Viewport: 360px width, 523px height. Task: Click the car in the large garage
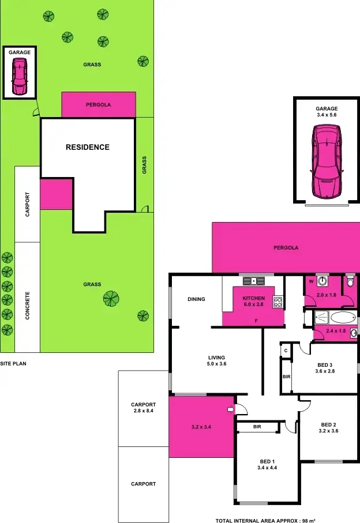click(326, 161)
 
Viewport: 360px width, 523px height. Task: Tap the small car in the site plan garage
click(20, 78)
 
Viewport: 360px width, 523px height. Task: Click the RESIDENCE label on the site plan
click(87, 147)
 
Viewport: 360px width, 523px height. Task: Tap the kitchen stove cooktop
click(277, 301)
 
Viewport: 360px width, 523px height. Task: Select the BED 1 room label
click(266, 462)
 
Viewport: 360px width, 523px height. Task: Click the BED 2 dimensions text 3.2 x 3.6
click(329, 430)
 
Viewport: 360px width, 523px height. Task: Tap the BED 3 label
click(325, 365)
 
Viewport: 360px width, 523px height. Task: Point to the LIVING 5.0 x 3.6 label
click(216, 361)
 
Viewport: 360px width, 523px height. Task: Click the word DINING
click(197, 299)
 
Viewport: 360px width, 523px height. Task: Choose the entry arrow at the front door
click(231, 410)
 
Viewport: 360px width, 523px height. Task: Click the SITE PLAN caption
click(13, 364)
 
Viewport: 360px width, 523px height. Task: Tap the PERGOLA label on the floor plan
click(286, 247)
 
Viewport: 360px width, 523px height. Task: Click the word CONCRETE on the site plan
click(27, 305)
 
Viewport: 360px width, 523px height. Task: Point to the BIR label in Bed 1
click(258, 427)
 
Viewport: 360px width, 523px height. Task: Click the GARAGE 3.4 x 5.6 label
click(326, 112)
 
